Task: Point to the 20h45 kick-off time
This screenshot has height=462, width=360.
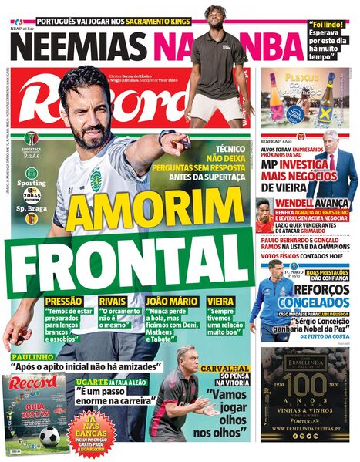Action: pos(32,196)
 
